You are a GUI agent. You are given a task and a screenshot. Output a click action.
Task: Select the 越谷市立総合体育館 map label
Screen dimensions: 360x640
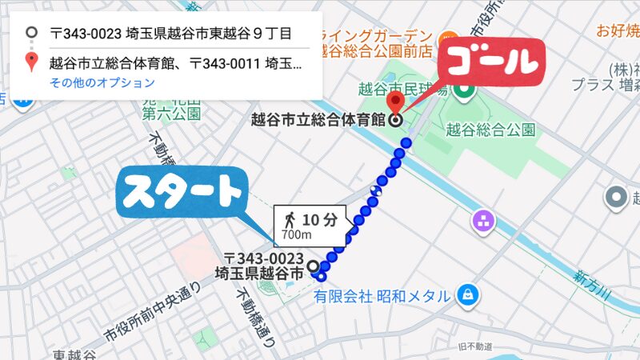(318, 121)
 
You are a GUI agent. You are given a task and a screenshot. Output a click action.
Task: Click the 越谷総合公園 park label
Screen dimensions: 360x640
(490, 130)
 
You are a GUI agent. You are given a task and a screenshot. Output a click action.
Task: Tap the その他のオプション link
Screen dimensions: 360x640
(102, 82)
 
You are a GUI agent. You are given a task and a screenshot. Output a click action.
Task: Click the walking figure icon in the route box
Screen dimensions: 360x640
(290, 219)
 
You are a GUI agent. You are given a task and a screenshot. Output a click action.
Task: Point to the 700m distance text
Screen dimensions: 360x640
(297, 236)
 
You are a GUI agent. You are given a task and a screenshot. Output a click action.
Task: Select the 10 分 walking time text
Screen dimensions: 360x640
(319, 219)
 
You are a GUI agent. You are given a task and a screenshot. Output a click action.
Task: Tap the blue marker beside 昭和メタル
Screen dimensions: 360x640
(466, 296)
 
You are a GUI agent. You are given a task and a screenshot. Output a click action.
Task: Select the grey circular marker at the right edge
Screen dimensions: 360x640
(616, 197)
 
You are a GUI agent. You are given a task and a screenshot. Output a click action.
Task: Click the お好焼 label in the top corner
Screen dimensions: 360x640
(616, 31)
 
